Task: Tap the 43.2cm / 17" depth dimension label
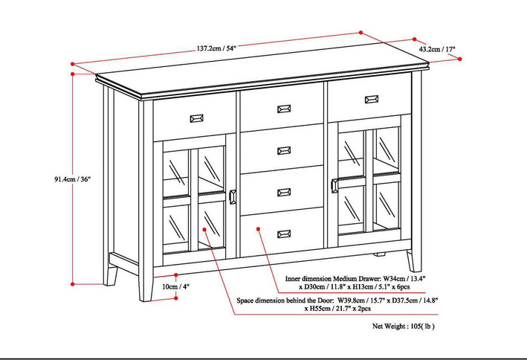(438, 49)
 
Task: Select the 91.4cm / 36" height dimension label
(35, 179)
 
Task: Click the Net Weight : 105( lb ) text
(414, 326)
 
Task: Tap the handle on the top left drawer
(197, 117)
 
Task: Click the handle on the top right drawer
(371, 99)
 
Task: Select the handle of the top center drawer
(284, 109)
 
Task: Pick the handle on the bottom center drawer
(284, 234)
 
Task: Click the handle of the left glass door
(233, 196)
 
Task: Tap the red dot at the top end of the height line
(72, 65)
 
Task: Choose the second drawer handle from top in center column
(284, 151)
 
